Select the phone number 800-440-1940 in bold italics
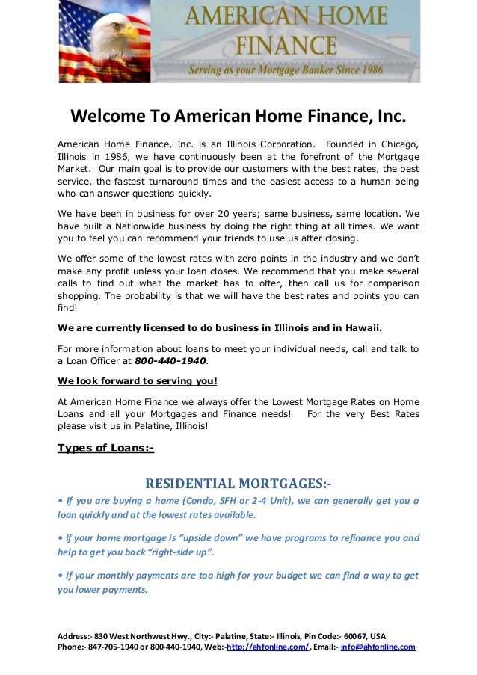176,361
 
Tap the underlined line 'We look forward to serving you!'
137,380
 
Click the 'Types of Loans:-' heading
105,449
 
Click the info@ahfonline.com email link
378,647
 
